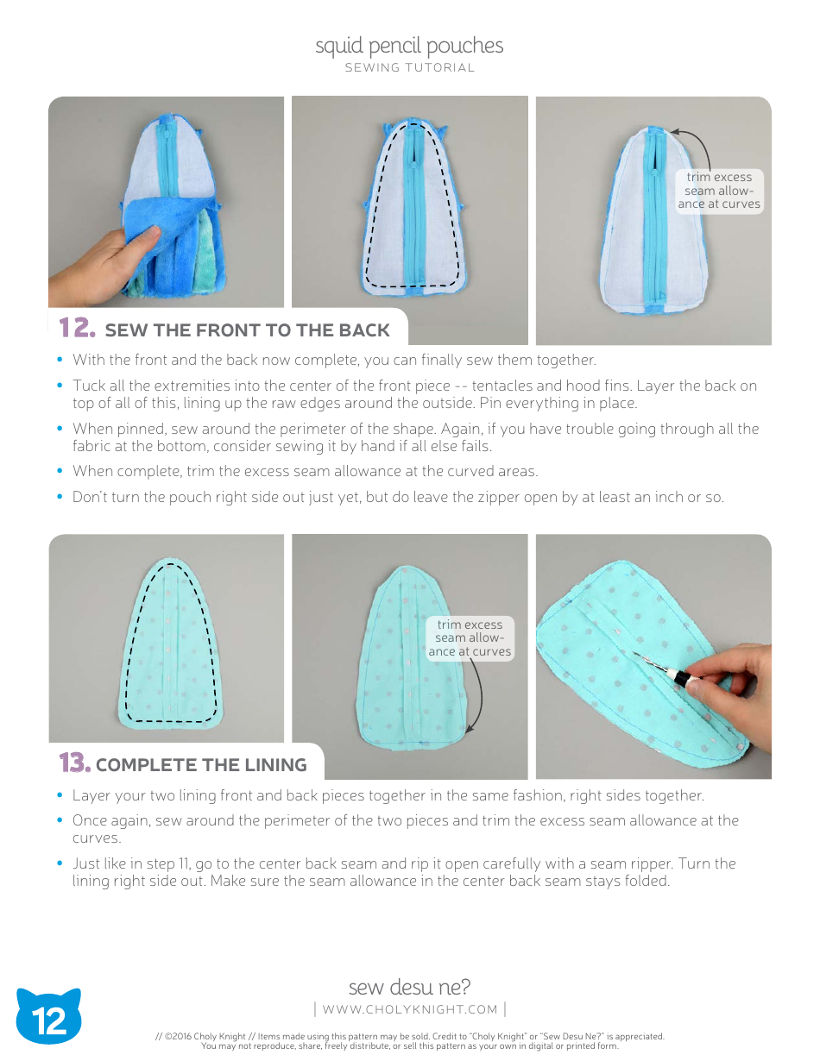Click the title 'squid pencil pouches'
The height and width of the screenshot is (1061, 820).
pos(409,46)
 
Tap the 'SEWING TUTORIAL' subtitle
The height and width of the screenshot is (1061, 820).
pos(409,68)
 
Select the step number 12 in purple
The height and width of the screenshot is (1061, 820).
pos(75,329)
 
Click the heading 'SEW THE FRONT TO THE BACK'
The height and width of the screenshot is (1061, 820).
pos(247,330)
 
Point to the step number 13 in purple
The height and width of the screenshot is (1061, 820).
pos(74,763)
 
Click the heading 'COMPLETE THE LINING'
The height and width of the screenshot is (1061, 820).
pos(201,765)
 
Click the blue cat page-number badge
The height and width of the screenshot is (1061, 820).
pos(49,1019)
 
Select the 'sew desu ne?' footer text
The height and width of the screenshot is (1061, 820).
pos(409,987)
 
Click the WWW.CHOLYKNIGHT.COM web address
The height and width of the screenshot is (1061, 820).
pos(409,1009)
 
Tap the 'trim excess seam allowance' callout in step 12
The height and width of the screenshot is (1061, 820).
pos(719,191)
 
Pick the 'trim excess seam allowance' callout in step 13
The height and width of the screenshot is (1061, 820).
pos(470,638)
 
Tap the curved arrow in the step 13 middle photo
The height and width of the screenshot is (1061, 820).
pos(477,699)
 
